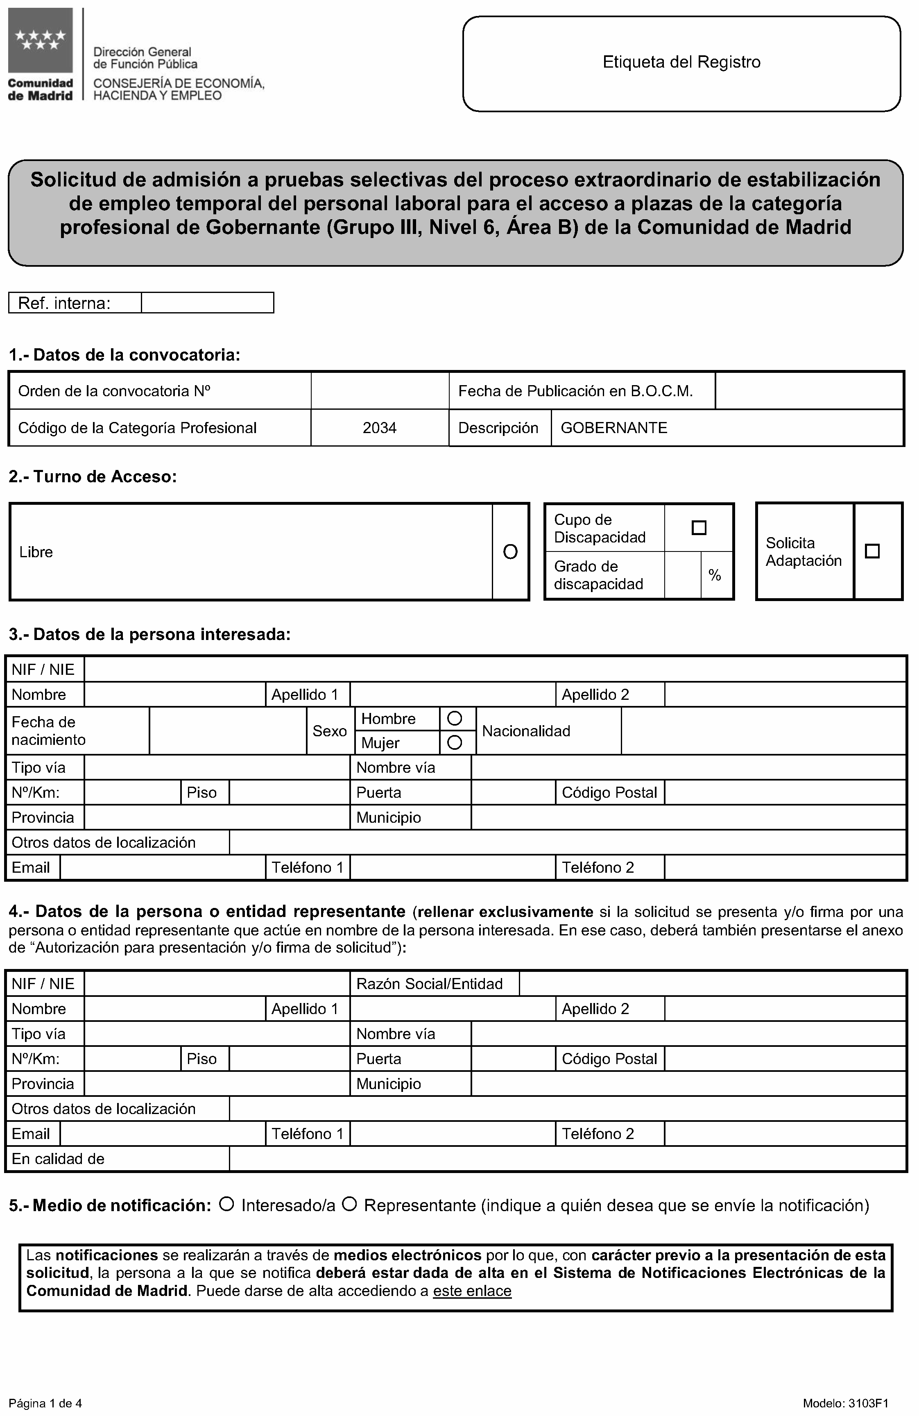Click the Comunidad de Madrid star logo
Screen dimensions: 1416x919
[x=40, y=41]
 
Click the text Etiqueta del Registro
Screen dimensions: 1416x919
[x=681, y=62]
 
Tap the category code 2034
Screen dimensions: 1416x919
[x=380, y=428]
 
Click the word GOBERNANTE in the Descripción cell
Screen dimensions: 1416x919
[x=614, y=428]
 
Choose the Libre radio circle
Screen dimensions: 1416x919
[x=510, y=552]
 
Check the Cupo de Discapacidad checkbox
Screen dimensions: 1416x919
[x=699, y=528]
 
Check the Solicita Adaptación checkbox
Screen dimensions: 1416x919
[x=872, y=551]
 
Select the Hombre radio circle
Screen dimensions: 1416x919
[x=455, y=719]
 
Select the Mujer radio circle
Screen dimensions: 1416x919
[x=455, y=742]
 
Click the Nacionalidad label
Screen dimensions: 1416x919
[x=526, y=731]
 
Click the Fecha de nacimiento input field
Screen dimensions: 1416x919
[x=227, y=731]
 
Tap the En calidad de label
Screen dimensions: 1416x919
[x=58, y=1158]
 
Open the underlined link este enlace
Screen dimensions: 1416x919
[x=472, y=1291]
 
